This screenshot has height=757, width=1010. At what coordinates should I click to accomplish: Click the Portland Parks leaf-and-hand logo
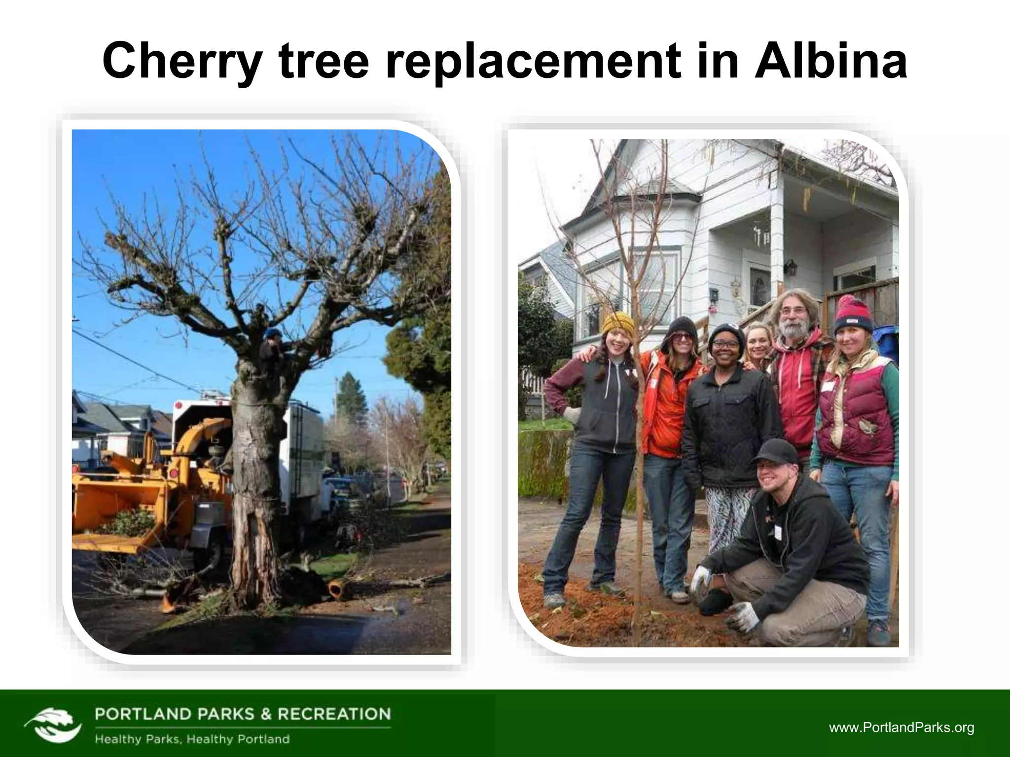click(x=53, y=724)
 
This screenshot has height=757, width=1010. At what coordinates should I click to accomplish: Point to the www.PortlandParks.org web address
click(x=902, y=728)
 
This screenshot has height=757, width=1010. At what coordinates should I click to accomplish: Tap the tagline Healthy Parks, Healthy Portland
click(x=192, y=739)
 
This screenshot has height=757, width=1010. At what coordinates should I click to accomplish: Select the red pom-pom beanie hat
click(x=853, y=314)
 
